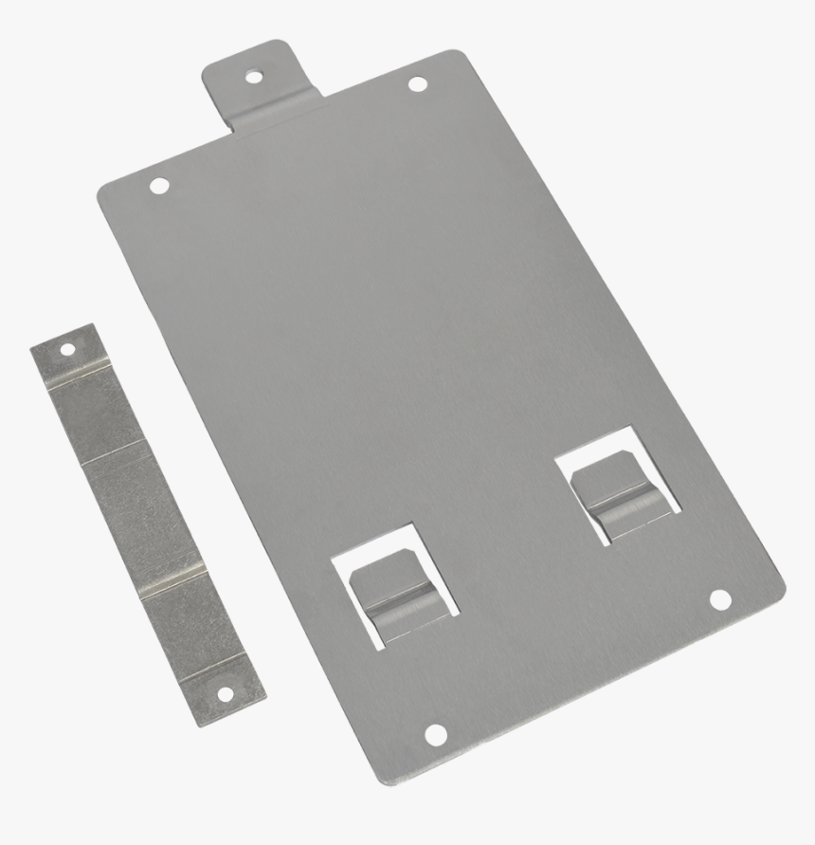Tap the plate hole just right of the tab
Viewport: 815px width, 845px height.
click(417, 84)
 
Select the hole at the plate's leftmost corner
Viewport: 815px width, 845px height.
click(159, 185)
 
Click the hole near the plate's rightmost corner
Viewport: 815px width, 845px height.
click(720, 599)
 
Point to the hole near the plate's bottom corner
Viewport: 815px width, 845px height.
click(435, 733)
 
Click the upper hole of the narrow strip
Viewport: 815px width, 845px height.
click(67, 349)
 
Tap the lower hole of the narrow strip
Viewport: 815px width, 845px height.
click(225, 694)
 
